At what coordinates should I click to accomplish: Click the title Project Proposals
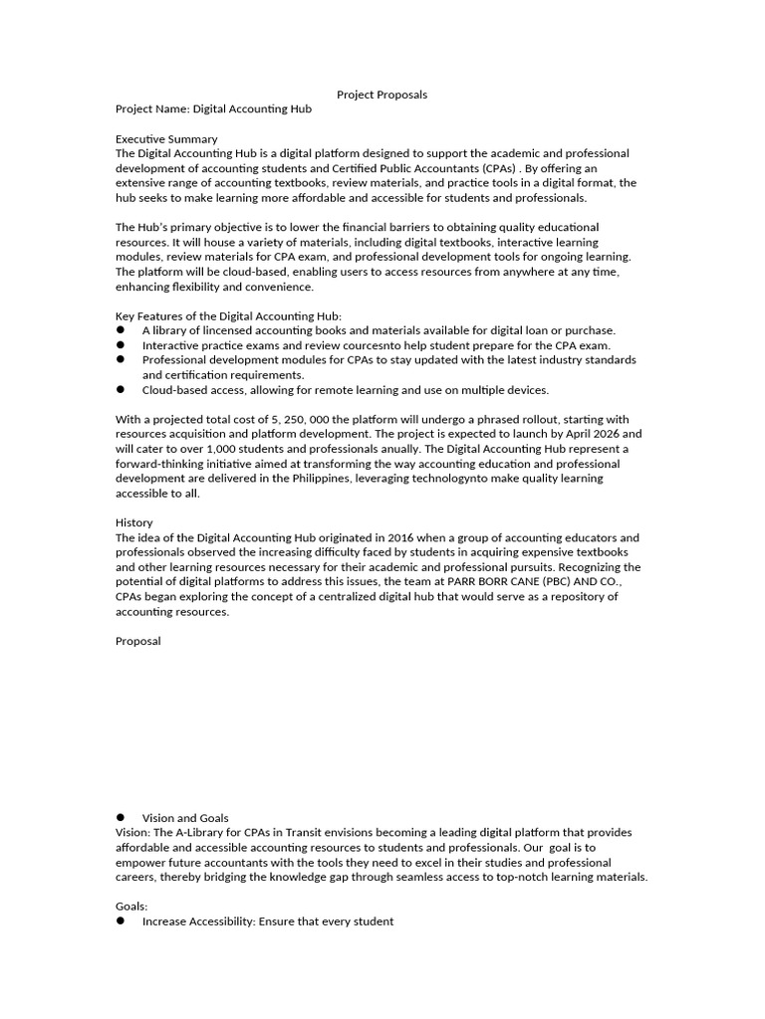[x=382, y=95]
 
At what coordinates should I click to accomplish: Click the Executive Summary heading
[x=166, y=139]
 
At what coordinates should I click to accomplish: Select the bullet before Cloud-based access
[x=121, y=390]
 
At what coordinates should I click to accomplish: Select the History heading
[x=134, y=522]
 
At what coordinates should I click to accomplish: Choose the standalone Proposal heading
[x=138, y=642]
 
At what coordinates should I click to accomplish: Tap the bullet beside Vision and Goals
[x=121, y=817]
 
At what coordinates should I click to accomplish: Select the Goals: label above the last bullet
[x=131, y=907]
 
